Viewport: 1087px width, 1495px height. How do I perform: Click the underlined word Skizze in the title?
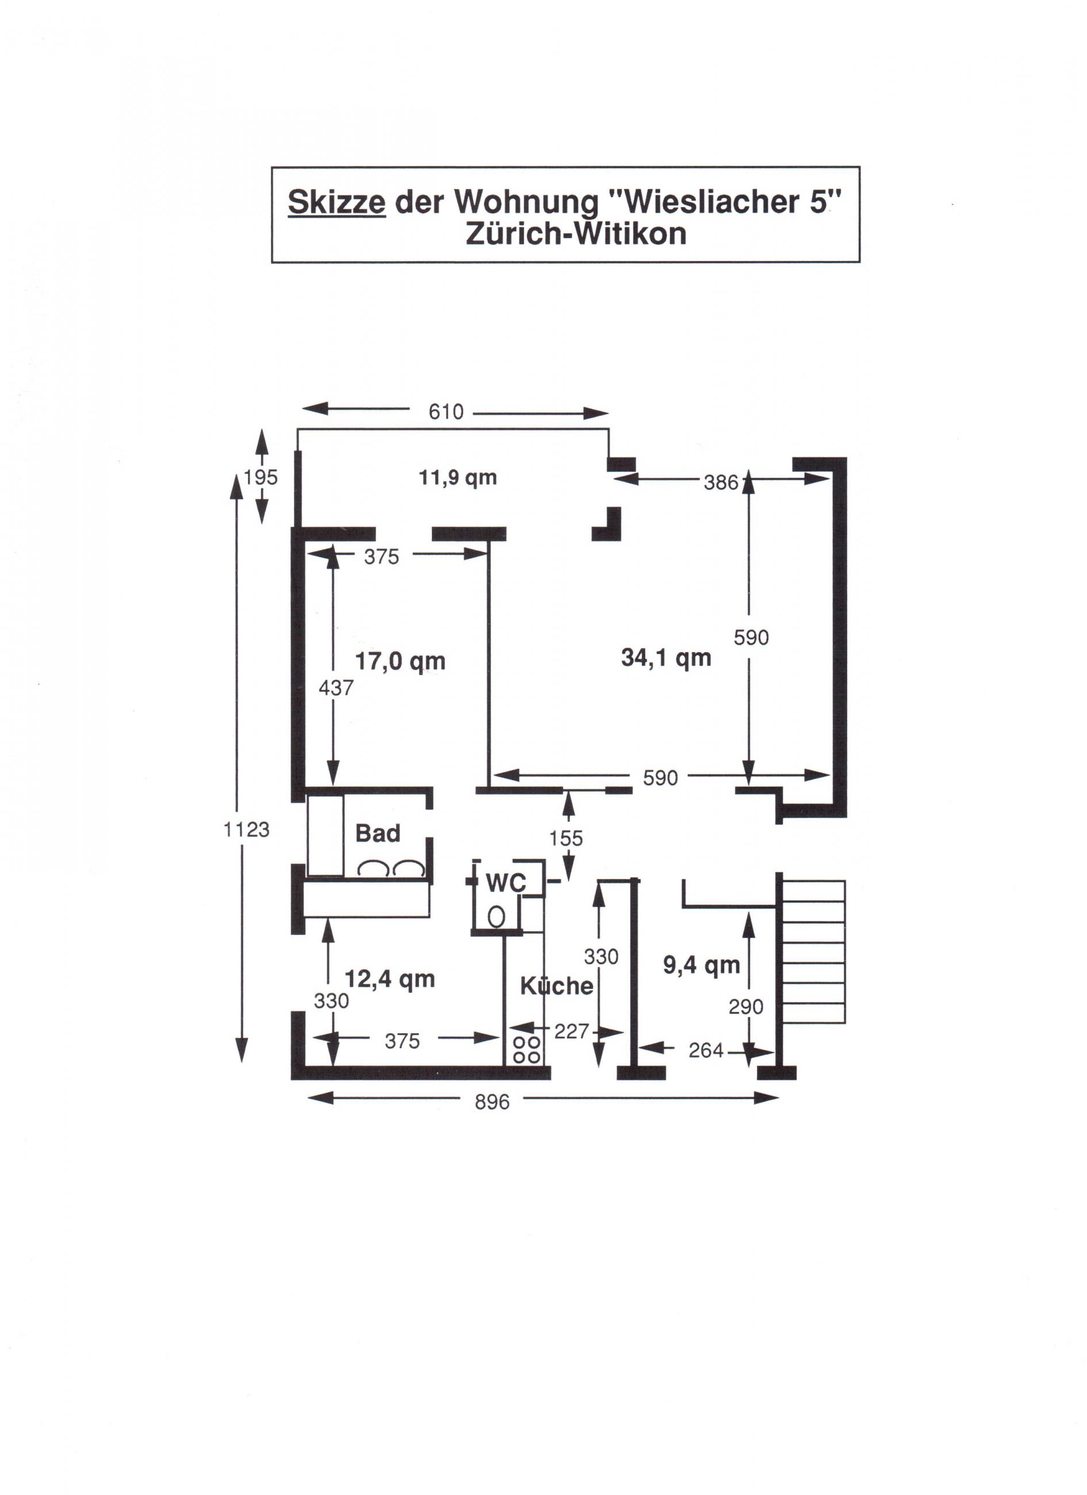coord(336,202)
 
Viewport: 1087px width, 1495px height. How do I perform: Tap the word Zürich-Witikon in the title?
coord(576,233)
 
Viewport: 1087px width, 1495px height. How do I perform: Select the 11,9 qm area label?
coord(457,478)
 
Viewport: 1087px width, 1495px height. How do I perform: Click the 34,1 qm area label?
coord(666,657)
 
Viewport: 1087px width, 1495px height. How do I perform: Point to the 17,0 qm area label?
coord(400,661)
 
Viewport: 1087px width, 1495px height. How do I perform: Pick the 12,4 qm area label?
coord(391,979)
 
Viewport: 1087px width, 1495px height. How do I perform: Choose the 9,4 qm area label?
coord(702,965)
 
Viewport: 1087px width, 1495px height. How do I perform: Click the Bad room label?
coord(378,833)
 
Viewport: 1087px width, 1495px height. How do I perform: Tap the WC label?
coord(506,883)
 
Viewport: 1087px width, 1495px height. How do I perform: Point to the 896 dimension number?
coord(492,1102)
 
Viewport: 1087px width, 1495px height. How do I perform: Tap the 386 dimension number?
coord(721,482)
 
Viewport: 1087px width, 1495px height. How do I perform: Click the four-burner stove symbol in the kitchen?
coord(527,1049)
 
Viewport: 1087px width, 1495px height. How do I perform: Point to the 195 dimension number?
coord(261,477)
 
